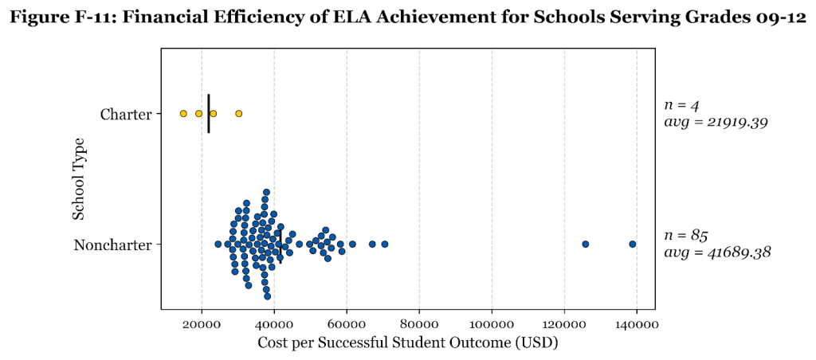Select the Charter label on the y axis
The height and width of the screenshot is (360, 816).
point(125,115)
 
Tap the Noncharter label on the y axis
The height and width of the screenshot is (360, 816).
point(112,245)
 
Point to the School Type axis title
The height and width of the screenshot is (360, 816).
point(79,179)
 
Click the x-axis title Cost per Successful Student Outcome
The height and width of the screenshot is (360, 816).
point(408,343)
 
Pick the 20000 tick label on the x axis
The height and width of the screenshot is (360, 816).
point(202,325)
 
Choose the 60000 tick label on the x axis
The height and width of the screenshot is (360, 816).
point(347,325)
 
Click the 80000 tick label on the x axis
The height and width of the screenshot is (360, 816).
point(419,325)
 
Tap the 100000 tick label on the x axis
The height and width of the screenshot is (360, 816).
point(492,325)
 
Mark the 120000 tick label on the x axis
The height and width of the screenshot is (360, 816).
point(564,325)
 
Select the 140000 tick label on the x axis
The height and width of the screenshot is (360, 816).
point(637,325)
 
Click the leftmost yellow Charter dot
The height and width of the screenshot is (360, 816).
point(183,114)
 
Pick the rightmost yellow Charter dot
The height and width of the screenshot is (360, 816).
point(238,114)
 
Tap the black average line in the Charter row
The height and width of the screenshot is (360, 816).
point(209,114)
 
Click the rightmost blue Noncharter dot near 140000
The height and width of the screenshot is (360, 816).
point(633,244)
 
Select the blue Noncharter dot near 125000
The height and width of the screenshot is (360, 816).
point(585,244)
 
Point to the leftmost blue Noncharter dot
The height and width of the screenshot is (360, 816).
point(218,244)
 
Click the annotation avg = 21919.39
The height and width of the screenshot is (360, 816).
point(715,123)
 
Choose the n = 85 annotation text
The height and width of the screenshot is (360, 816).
point(686,235)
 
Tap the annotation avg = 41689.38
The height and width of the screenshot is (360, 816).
point(716,252)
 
